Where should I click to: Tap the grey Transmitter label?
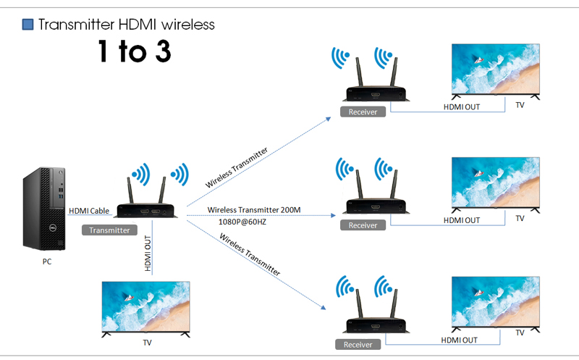109,230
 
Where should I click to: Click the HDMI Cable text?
89,211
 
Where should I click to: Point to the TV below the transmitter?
146,306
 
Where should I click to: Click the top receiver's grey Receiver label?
363,112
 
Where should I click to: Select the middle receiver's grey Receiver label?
363,225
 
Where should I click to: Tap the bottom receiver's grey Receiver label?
358,345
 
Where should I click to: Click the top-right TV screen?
496,70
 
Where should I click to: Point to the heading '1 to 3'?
135,51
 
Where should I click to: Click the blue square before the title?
28,25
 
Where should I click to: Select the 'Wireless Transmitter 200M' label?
253,210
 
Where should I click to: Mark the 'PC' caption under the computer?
46,262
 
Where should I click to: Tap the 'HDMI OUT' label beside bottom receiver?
459,339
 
